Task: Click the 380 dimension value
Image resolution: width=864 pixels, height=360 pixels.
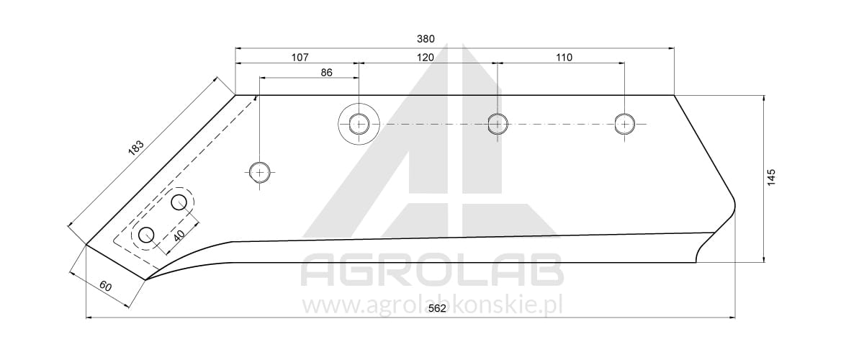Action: pyautogui.click(x=426, y=39)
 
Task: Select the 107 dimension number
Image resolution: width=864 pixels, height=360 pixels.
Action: pyautogui.click(x=300, y=58)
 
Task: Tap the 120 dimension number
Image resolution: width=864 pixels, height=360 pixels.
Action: pyautogui.click(x=426, y=58)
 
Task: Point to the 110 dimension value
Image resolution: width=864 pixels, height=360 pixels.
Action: pyautogui.click(x=564, y=58)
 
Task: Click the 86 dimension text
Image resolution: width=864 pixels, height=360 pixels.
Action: pyautogui.click(x=326, y=73)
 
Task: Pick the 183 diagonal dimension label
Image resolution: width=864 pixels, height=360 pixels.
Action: pyautogui.click(x=136, y=147)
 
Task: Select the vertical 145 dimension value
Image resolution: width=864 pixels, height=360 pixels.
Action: pyautogui.click(x=771, y=178)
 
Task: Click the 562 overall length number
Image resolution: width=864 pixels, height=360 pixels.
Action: pyautogui.click(x=437, y=309)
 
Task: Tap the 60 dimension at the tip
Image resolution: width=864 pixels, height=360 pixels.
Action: pyautogui.click(x=105, y=287)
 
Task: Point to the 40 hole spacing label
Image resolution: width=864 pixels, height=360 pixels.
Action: pyautogui.click(x=179, y=235)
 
